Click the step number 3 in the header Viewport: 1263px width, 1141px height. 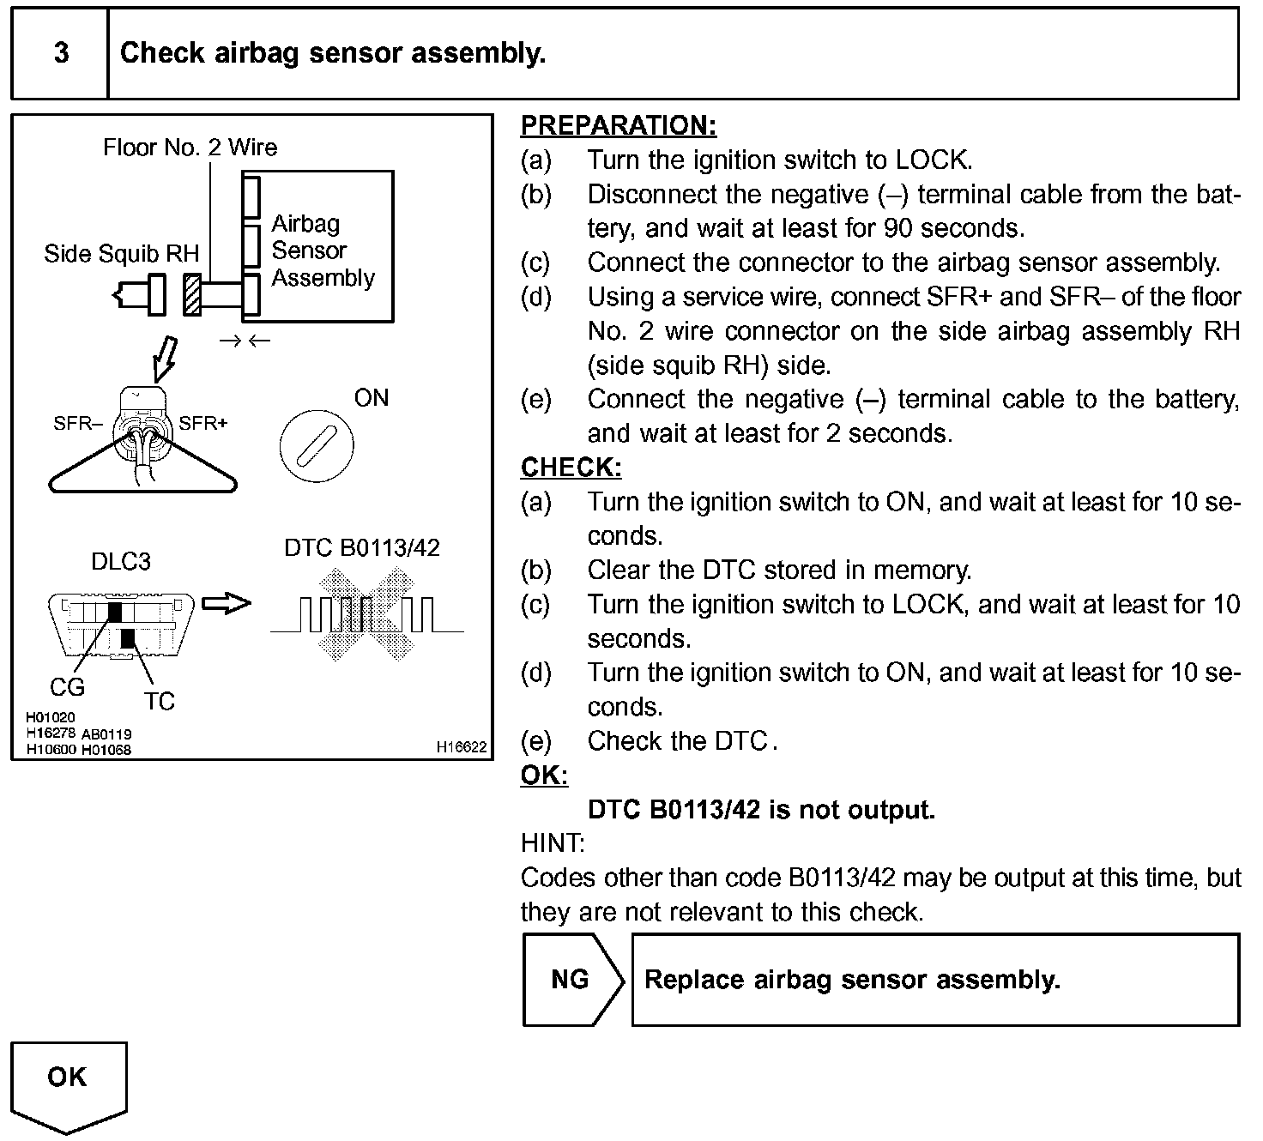point(61,53)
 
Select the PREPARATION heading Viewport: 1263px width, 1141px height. point(618,126)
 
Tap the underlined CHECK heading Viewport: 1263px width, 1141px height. point(571,468)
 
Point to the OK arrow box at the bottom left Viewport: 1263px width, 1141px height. point(68,1083)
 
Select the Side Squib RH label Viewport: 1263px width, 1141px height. point(121,254)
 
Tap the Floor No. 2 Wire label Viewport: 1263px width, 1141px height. point(190,148)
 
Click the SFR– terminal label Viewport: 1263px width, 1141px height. point(78,424)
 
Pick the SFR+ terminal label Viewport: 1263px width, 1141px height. point(203,424)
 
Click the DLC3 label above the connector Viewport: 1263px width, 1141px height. point(121,562)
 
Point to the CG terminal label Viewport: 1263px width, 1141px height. point(67,687)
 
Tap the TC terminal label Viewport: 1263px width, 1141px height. point(160,702)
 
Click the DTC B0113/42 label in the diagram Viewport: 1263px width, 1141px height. point(361,548)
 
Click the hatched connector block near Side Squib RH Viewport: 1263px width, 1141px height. point(192,295)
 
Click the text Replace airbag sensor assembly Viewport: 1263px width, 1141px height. point(852,980)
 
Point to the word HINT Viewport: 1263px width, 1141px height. point(553,844)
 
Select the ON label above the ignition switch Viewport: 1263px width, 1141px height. point(372,398)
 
